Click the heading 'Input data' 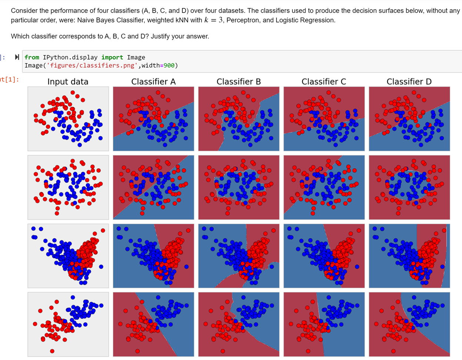click(68, 82)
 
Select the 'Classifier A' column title click(153, 82)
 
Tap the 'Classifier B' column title click(238, 82)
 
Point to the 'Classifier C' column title click(324, 82)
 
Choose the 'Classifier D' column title click(409, 82)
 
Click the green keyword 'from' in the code click(32, 57)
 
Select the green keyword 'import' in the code click(112, 57)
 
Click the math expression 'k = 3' click(213, 20)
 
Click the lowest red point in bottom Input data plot click(52, 351)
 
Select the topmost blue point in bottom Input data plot click(73, 297)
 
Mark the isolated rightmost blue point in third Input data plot click(101, 266)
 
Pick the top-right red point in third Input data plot click(103, 231)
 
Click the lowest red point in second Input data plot click(57, 213)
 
